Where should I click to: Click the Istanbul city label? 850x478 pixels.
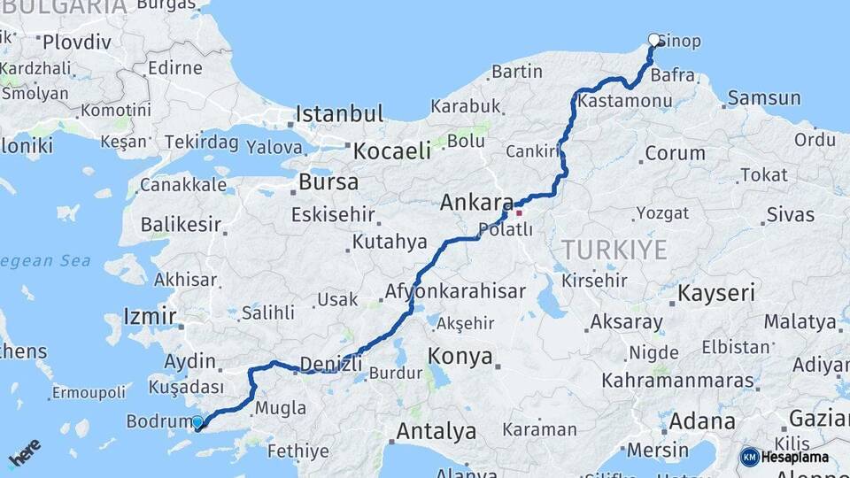click(x=339, y=113)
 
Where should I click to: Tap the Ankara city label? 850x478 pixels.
click(x=476, y=203)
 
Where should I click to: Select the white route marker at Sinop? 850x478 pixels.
click(x=654, y=39)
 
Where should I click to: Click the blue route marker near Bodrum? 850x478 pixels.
click(x=197, y=423)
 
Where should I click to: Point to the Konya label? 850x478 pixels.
click(x=460, y=357)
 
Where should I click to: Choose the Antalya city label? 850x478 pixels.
click(x=436, y=432)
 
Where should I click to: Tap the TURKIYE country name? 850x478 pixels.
click(x=613, y=251)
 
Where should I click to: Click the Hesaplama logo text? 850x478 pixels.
click(x=795, y=457)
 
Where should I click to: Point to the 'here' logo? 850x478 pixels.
click(x=25, y=452)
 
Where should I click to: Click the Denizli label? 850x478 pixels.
click(x=330, y=364)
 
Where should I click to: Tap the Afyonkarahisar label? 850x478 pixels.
click(x=455, y=291)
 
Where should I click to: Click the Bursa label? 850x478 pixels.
click(x=328, y=182)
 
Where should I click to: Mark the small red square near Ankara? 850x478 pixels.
click(x=519, y=212)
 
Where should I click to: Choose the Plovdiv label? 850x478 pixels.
click(x=77, y=42)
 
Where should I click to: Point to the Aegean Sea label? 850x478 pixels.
click(x=44, y=261)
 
